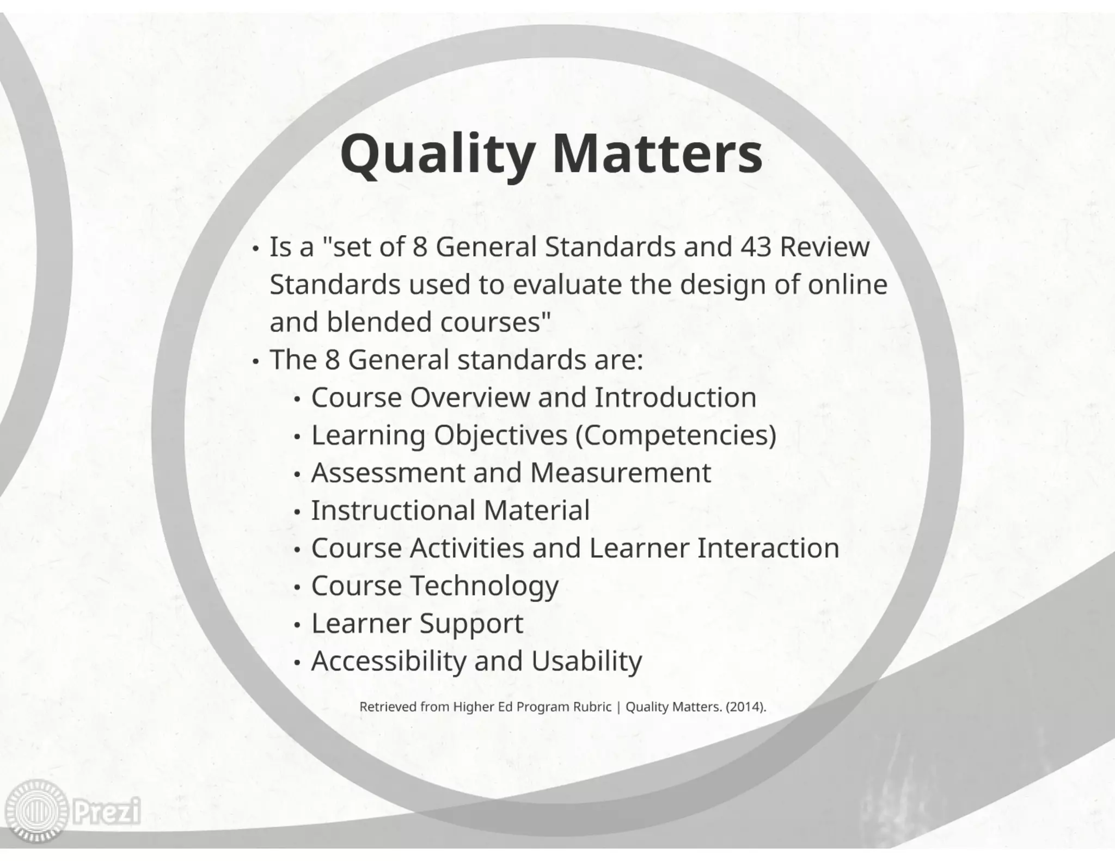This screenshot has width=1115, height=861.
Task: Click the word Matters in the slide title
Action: (x=657, y=155)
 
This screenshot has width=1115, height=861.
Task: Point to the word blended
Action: (x=379, y=322)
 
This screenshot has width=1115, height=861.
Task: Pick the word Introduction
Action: (x=675, y=397)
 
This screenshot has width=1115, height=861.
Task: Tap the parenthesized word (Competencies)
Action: (x=675, y=435)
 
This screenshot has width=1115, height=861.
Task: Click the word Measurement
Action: (x=620, y=472)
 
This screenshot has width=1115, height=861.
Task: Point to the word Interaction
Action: (x=768, y=548)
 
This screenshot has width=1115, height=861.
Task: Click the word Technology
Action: (x=484, y=586)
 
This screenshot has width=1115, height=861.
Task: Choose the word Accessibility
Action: (x=388, y=661)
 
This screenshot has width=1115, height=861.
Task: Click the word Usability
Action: (x=586, y=661)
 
